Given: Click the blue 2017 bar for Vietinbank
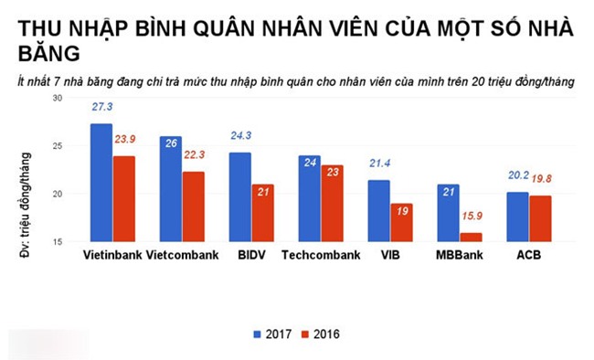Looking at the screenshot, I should [101, 183].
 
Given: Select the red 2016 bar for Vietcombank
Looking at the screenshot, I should [193, 206].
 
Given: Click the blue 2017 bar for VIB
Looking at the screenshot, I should [377, 210].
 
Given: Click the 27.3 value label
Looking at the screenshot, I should [102, 108].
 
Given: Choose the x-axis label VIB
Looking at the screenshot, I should [389, 254].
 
